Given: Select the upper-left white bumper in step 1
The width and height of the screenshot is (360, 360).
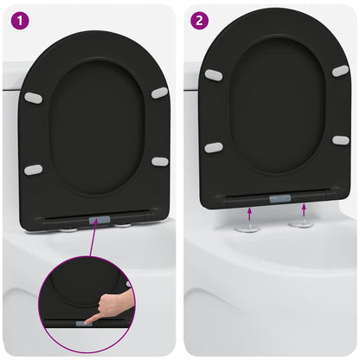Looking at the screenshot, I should tap(33, 98).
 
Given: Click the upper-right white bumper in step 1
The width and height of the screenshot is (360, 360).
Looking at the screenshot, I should tap(160, 93).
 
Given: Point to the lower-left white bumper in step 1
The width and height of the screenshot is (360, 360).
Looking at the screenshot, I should tap(33, 170).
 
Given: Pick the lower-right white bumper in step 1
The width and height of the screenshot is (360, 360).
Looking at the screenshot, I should tap(160, 162).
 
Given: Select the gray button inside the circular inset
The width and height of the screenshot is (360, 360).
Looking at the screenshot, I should tap(87, 321).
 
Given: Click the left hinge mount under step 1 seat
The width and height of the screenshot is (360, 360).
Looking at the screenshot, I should tap(69, 229).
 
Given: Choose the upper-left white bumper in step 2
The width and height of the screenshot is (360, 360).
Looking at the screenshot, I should tap(213, 75).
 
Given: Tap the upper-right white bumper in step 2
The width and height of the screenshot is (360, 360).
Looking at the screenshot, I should tap(340, 70).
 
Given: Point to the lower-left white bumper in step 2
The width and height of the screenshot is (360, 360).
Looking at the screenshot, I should tap(213, 147).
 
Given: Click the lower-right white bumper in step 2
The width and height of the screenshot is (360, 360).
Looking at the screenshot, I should tap(341, 140).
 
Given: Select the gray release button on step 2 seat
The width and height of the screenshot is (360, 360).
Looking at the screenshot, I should tap(280, 198).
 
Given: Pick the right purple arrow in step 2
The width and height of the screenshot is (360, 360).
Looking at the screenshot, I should tap(304, 210).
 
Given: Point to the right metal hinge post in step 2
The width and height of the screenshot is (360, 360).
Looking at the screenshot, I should tap(302, 224).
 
